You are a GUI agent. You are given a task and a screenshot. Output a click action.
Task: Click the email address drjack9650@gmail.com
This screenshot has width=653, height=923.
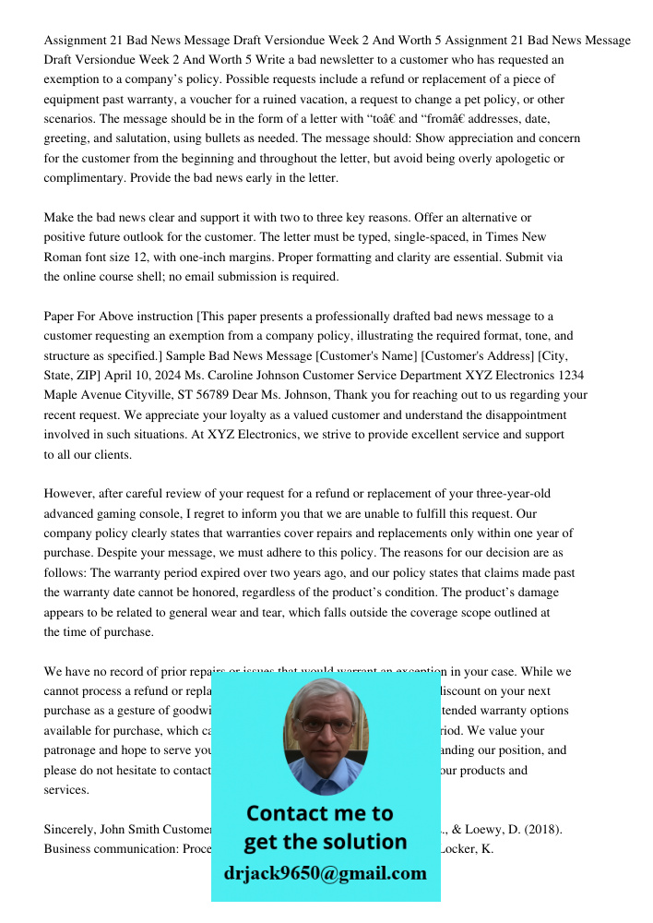click(x=326, y=873)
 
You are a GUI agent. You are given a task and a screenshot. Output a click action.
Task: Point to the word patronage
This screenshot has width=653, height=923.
click(x=77, y=750)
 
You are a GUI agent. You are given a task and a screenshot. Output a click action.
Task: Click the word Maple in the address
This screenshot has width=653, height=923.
click(x=62, y=395)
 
